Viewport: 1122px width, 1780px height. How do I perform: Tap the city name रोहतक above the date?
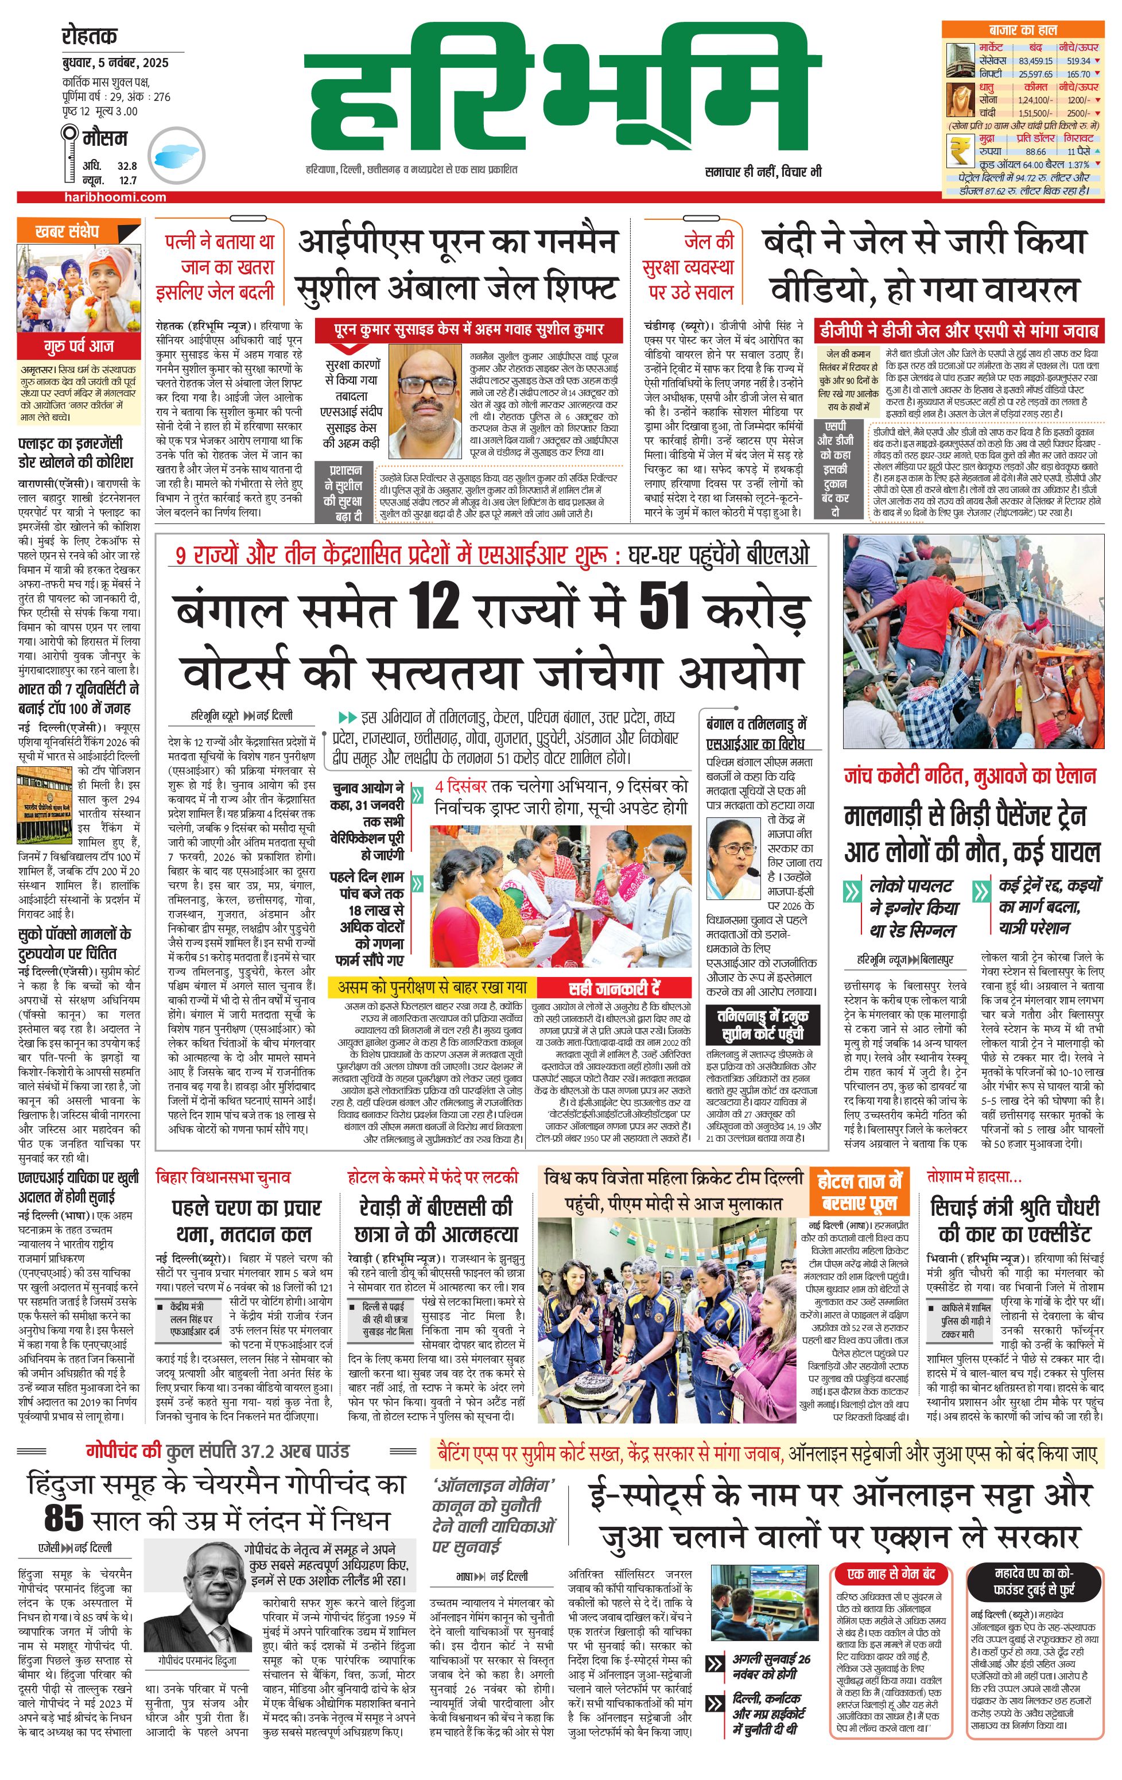(90, 35)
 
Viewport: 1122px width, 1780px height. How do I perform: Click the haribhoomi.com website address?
(115, 197)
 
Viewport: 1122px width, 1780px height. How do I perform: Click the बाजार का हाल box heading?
(1022, 30)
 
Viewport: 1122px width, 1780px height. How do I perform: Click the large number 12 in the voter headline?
(434, 607)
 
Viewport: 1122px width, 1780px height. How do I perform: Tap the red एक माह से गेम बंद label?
(891, 1573)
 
